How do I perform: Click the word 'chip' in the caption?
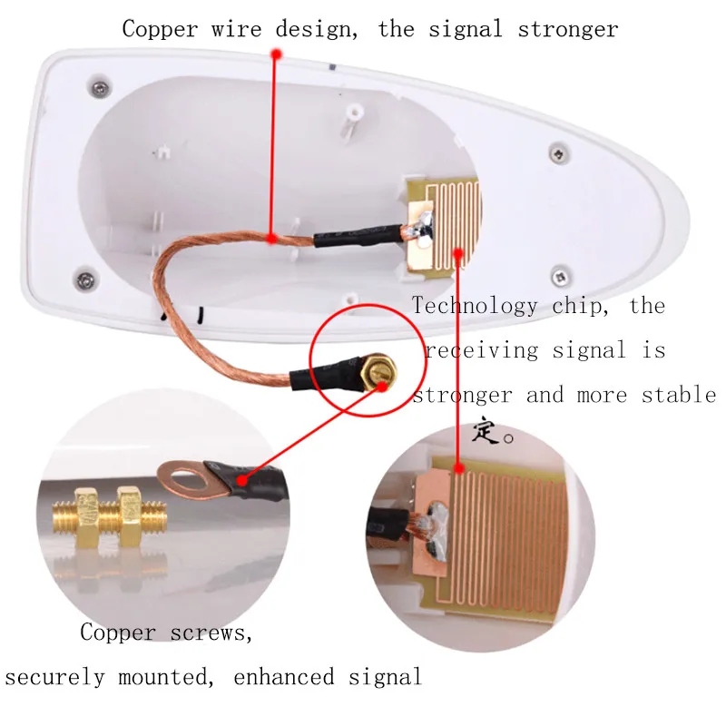point(581,305)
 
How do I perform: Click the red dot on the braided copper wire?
point(272,239)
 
